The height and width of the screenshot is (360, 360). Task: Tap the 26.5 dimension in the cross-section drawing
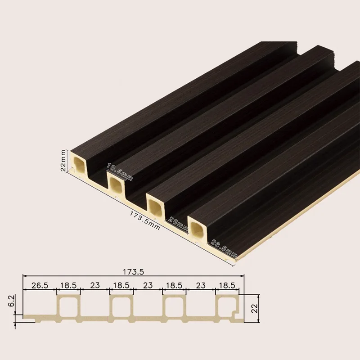40,285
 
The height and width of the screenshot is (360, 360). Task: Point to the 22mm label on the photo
64,160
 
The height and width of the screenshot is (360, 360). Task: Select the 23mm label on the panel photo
179,224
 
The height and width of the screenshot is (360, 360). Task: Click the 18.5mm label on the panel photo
120,172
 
